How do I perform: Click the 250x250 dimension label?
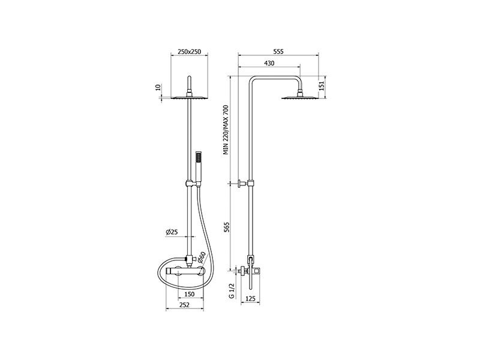point(189,52)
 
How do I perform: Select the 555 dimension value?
point(278,52)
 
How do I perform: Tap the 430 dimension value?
point(269,64)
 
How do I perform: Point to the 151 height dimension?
point(322,86)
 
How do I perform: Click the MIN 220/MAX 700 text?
point(226,130)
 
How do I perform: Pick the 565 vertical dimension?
point(227,227)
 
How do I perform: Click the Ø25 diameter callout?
point(172,232)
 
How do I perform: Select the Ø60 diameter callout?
point(202,257)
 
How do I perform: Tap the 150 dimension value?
point(189,294)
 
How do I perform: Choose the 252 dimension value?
point(184,305)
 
